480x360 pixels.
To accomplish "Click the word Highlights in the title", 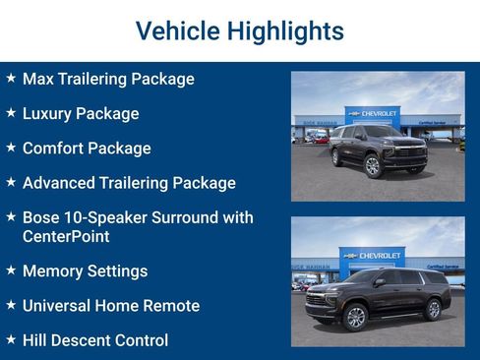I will point(285,31).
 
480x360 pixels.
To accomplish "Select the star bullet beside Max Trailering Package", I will point(11,78).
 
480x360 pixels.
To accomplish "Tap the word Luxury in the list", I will point(48,113).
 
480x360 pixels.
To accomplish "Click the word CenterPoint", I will point(66,236).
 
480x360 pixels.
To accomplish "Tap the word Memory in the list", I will point(51,270).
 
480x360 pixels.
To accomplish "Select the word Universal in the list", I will point(57,306).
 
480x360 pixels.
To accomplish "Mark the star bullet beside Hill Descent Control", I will point(11,339).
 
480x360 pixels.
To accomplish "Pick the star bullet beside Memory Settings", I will point(11,270).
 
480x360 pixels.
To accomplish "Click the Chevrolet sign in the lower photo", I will point(379,256).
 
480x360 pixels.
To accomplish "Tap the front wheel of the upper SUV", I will point(373,166).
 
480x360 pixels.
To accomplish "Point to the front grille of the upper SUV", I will point(408,153).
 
